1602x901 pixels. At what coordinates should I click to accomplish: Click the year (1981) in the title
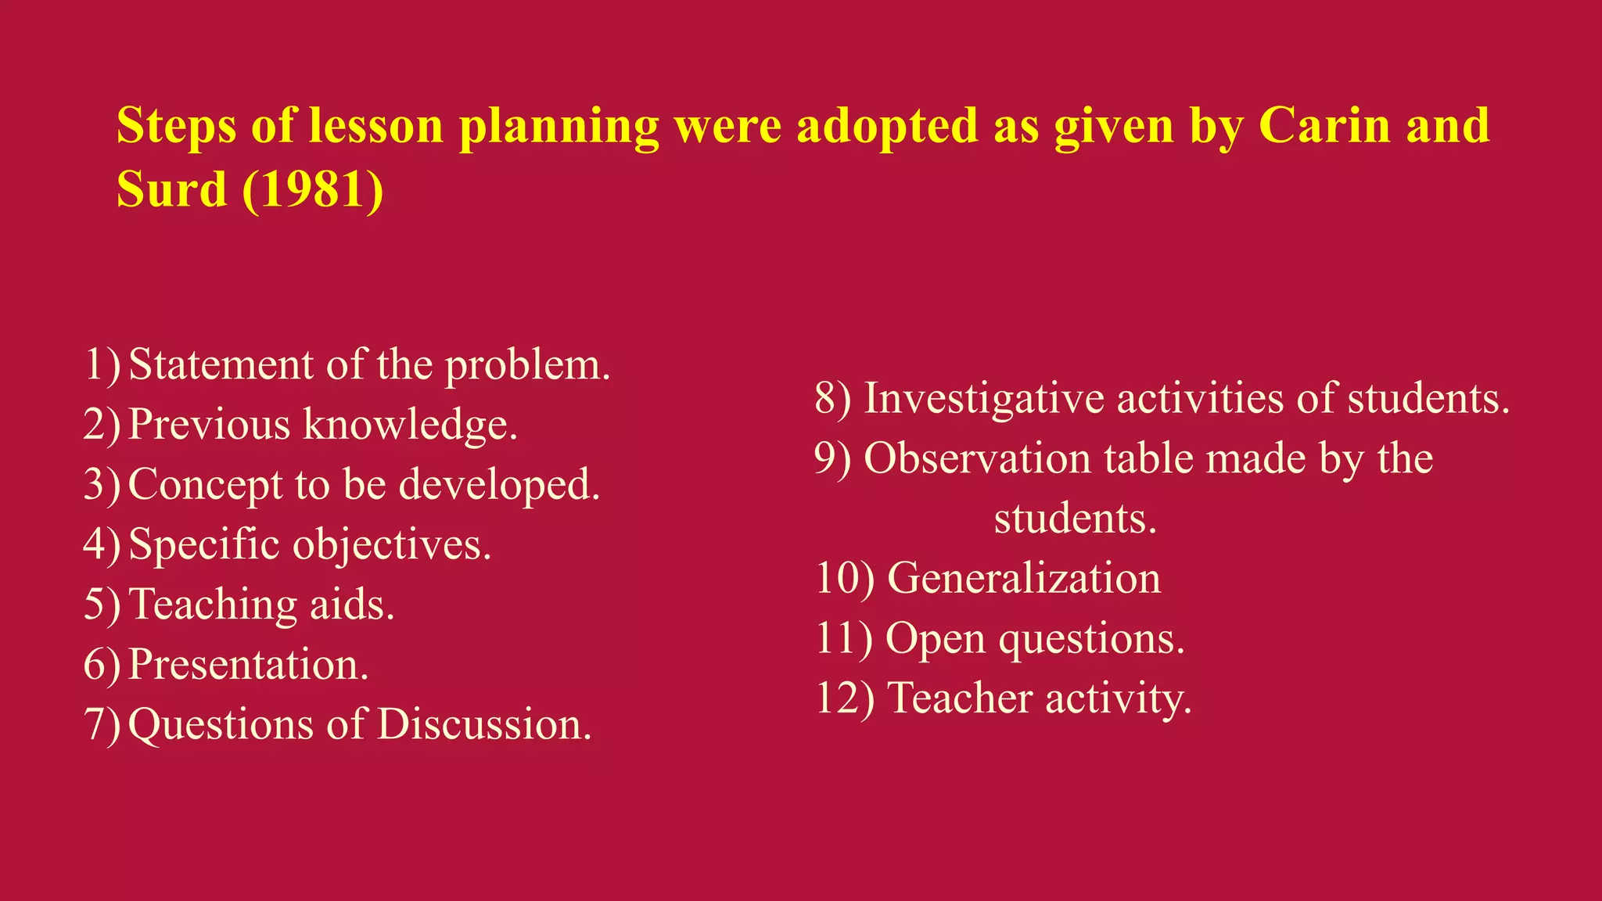[x=313, y=189]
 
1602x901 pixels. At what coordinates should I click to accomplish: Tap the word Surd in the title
[x=171, y=189]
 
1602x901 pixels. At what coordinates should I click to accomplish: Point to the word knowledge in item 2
[x=410, y=425]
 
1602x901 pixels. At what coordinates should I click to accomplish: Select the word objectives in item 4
[x=392, y=545]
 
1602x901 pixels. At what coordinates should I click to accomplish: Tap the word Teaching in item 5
[x=213, y=605]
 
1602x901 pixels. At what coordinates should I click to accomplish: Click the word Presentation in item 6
[x=248, y=664]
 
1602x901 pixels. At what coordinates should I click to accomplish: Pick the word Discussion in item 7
[x=484, y=724]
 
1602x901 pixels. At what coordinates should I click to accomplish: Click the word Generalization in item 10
[x=1024, y=579]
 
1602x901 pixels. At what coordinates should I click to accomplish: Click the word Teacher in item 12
[x=961, y=698]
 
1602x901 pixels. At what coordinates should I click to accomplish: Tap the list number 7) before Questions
[x=102, y=724]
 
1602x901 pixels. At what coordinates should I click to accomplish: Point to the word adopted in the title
[x=887, y=127]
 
